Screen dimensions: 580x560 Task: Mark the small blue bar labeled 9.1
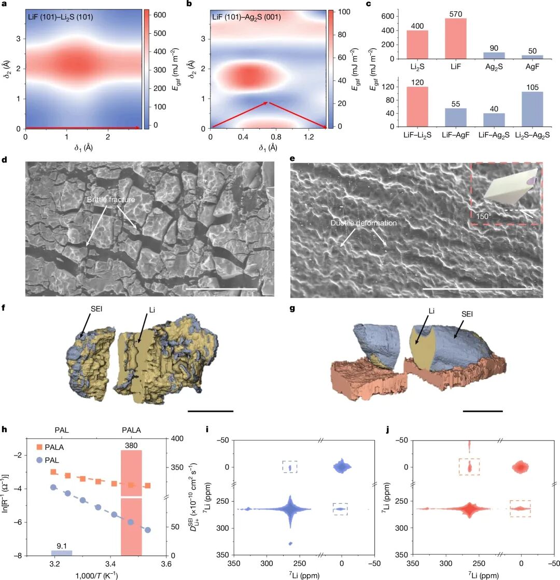[62, 552]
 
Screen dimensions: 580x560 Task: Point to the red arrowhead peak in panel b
[268, 103]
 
